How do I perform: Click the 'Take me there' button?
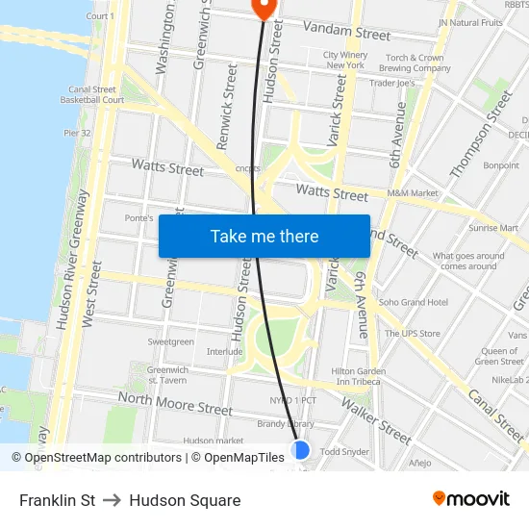click(x=264, y=236)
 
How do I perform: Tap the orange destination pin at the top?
click(x=263, y=8)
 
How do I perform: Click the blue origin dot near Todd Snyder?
click(x=301, y=450)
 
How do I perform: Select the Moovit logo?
click(x=471, y=499)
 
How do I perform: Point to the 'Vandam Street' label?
click(x=346, y=32)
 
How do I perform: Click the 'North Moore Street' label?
click(x=175, y=403)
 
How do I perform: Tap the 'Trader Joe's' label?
click(x=392, y=83)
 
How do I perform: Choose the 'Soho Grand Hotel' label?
click(x=414, y=302)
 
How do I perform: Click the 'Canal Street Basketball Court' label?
click(x=93, y=94)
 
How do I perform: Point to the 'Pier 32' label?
click(x=77, y=133)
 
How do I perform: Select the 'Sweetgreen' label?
click(x=171, y=341)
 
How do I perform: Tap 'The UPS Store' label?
click(x=413, y=334)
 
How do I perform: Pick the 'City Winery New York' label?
click(x=345, y=60)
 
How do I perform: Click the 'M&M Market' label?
click(x=413, y=193)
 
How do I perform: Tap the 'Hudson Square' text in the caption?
click(x=185, y=500)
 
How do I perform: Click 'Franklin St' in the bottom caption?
click(x=57, y=500)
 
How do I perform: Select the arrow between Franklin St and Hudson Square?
click(x=113, y=500)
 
